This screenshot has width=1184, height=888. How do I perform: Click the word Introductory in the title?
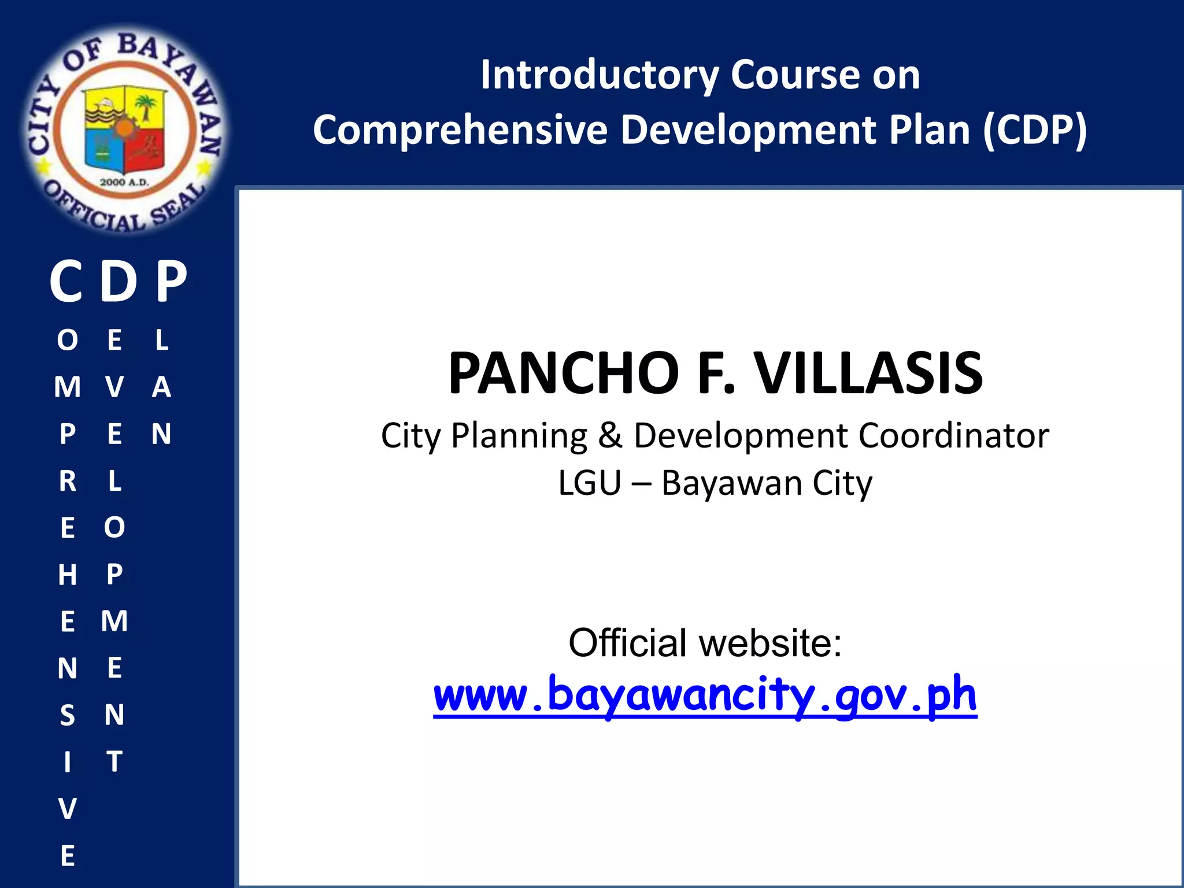point(599,76)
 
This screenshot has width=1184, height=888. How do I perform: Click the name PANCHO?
point(564,373)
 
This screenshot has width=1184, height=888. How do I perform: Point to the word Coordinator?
point(953,435)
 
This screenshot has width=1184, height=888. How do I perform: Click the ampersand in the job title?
point(610,435)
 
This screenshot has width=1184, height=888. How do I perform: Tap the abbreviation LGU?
point(589,483)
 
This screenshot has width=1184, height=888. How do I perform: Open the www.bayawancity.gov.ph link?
point(705,695)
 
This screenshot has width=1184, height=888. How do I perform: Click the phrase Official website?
point(705,643)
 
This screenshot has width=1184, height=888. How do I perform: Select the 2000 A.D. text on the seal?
point(124,182)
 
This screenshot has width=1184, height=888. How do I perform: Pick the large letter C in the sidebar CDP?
point(66,282)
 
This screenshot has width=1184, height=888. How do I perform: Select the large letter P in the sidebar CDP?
point(172,282)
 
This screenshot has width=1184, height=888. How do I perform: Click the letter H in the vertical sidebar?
point(68,575)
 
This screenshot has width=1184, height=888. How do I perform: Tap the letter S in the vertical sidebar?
point(68,715)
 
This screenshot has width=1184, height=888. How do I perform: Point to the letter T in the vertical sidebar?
point(114,761)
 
